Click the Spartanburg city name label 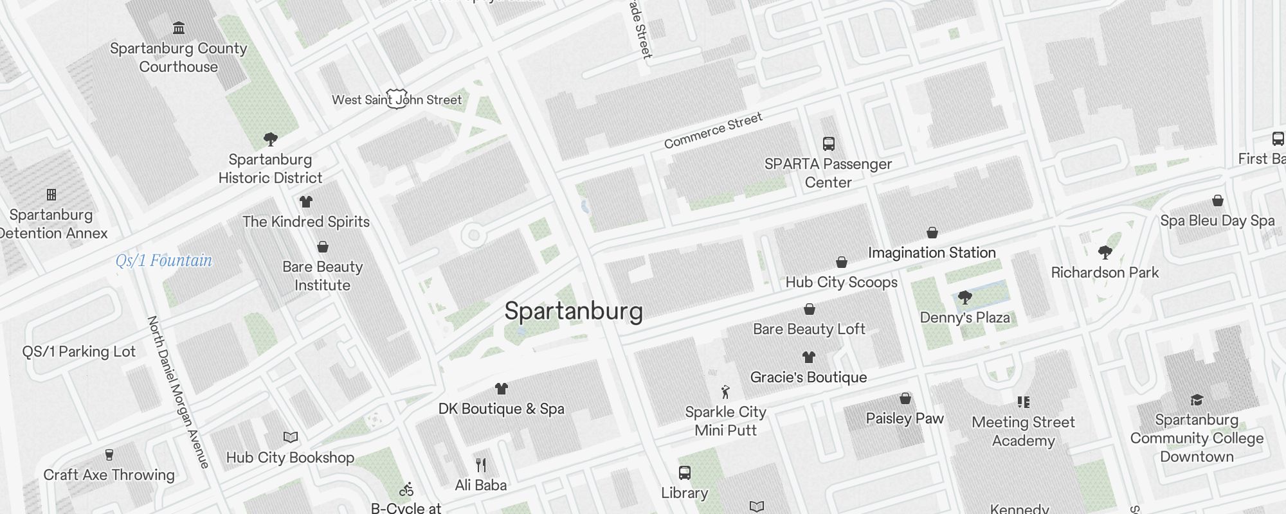[x=574, y=312]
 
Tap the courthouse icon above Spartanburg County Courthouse [x=179, y=28]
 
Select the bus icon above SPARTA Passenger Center [x=829, y=144]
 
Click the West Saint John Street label [x=397, y=100]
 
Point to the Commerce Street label [x=713, y=130]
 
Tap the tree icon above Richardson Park [x=1105, y=252]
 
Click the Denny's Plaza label [x=964, y=317]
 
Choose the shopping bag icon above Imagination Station [x=932, y=233]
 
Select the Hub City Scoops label [x=841, y=283]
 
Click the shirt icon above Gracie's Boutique [x=809, y=357]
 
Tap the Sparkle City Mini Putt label [x=725, y=421]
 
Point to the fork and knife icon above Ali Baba [x=481, y=465]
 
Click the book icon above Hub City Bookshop [x=291, y=438]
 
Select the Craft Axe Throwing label [x=109, y=475]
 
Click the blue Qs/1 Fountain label [x=164, y=261]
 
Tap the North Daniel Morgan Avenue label [x=178, y=392]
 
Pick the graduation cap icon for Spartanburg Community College [x=1197, y=400]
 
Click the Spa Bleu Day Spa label [x=1217, y=221]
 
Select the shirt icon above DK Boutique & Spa [x=502, y=389]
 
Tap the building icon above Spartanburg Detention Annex [x=51, y=195]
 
